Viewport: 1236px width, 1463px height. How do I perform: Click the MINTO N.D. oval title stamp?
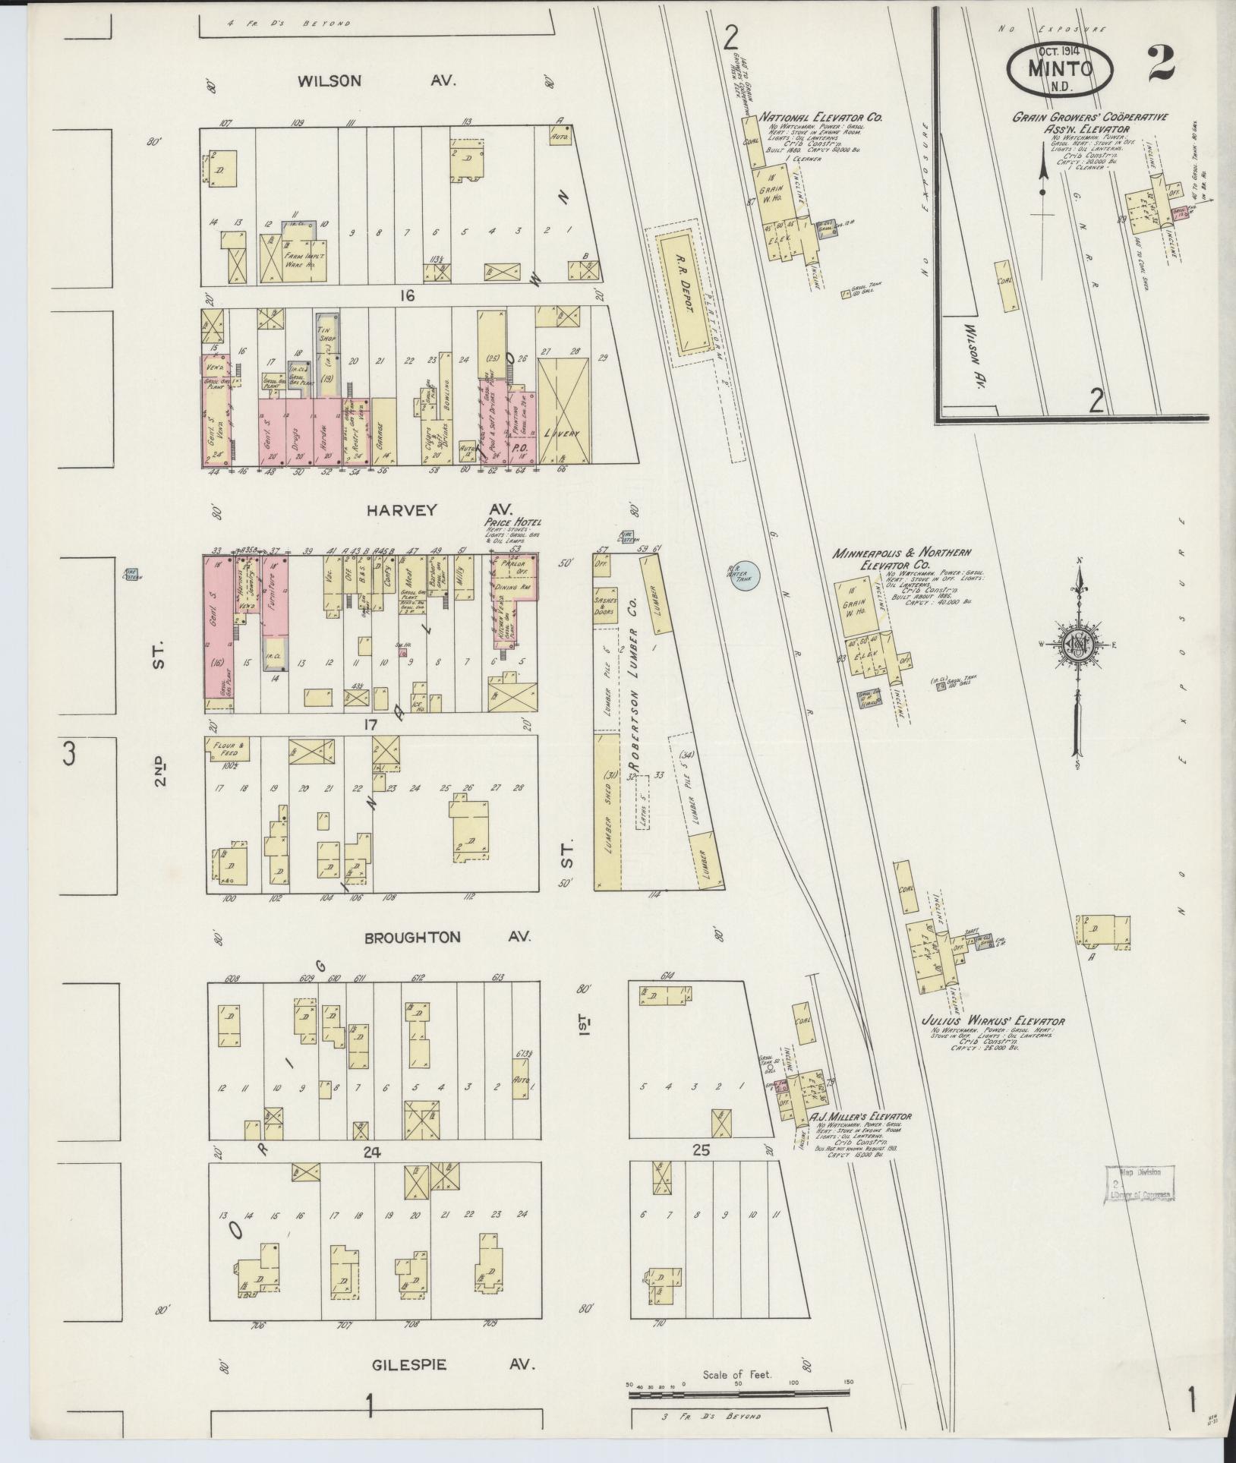(x=1060, y=68)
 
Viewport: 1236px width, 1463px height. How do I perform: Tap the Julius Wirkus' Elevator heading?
(x=992, y=1020)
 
